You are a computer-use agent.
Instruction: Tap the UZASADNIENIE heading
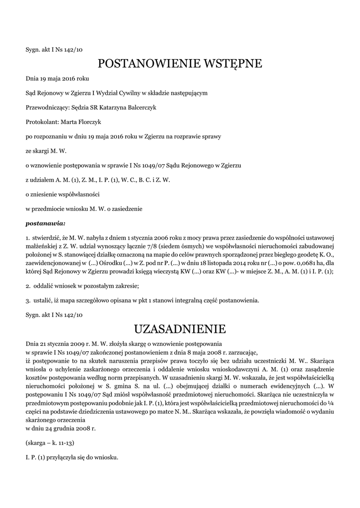180,329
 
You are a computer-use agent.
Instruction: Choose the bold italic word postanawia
45,223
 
